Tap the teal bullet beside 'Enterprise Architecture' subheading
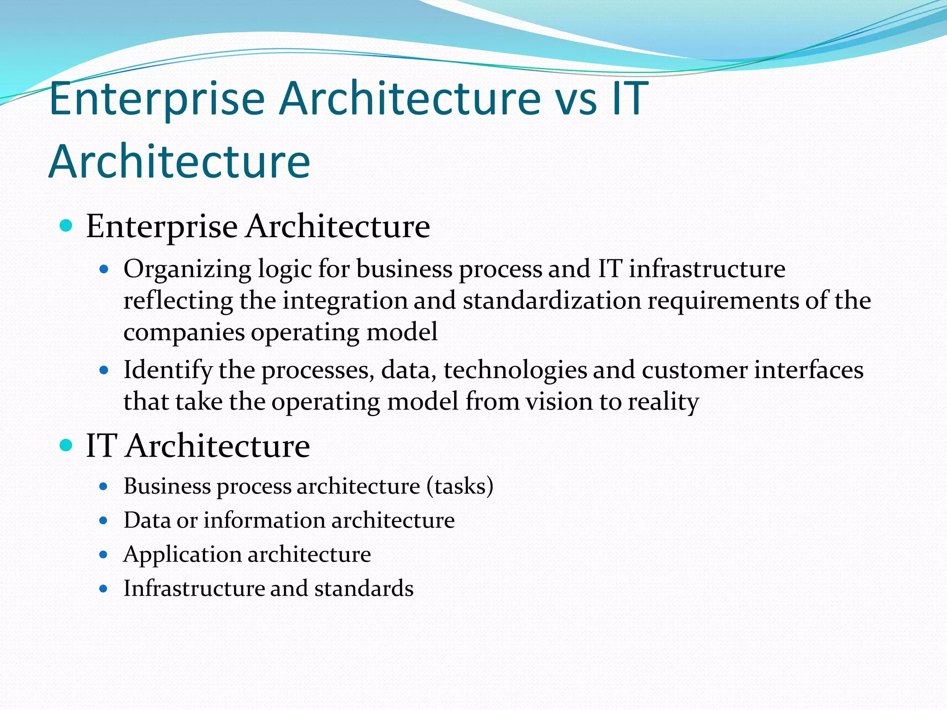click(67, 226)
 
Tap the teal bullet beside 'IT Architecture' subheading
click(67, 445)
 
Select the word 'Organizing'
click(187, 269)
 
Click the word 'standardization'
click(552, 300)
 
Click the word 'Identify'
click(168, 370)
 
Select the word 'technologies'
click(516, 370)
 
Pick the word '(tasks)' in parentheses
click(460, 486)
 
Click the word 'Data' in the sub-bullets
click(147, 520)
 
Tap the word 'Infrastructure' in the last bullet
click(193, 588)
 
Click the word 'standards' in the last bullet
click(364, 588)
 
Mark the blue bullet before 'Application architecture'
click(104, 555)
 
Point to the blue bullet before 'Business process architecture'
click(104, 486)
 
